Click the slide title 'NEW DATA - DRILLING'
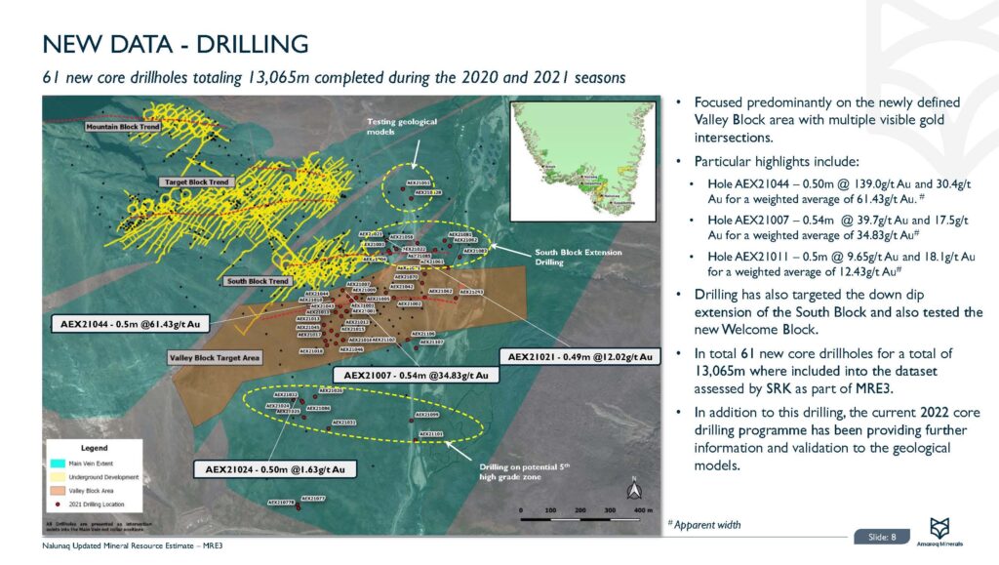(176, 45)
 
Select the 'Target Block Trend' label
(195, 182)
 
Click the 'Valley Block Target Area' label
(215, 358)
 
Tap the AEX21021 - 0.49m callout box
(579, 355)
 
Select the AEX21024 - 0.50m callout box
(274, 469)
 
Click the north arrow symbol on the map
(633, 488)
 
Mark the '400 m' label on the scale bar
(641, 510)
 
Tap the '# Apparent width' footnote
(703, 525)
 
